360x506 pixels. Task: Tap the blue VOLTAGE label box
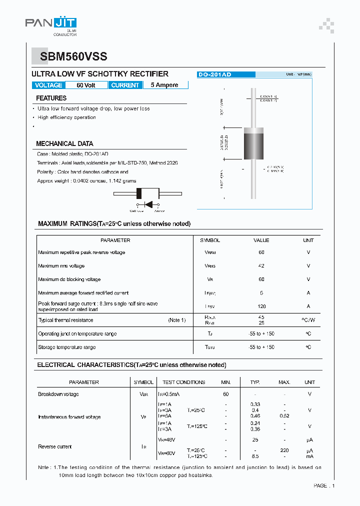click(48, 85)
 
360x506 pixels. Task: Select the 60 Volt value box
click(86, 85)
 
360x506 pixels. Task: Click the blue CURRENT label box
click(125, 85)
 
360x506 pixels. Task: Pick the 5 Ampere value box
click(165, 85)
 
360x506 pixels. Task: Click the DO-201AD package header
click(215, 74)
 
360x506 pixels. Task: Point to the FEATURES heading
click(51, 98)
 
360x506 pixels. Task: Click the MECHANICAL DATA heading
click(64, 143)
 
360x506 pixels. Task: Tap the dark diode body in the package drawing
click(253, 144)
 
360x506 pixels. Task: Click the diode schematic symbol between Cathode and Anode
click(148, 204)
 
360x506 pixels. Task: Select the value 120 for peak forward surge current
click(261, 306)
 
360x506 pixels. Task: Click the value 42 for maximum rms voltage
click(261, 266)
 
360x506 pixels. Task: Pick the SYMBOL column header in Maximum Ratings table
click(210, 240)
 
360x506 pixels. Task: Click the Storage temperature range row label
click(67, 347)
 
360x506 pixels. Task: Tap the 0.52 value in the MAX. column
click(284, 415)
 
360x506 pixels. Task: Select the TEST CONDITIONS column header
click(184, 382)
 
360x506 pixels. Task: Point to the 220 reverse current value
click(284, 450)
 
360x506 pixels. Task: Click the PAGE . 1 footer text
click(324, 485)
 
